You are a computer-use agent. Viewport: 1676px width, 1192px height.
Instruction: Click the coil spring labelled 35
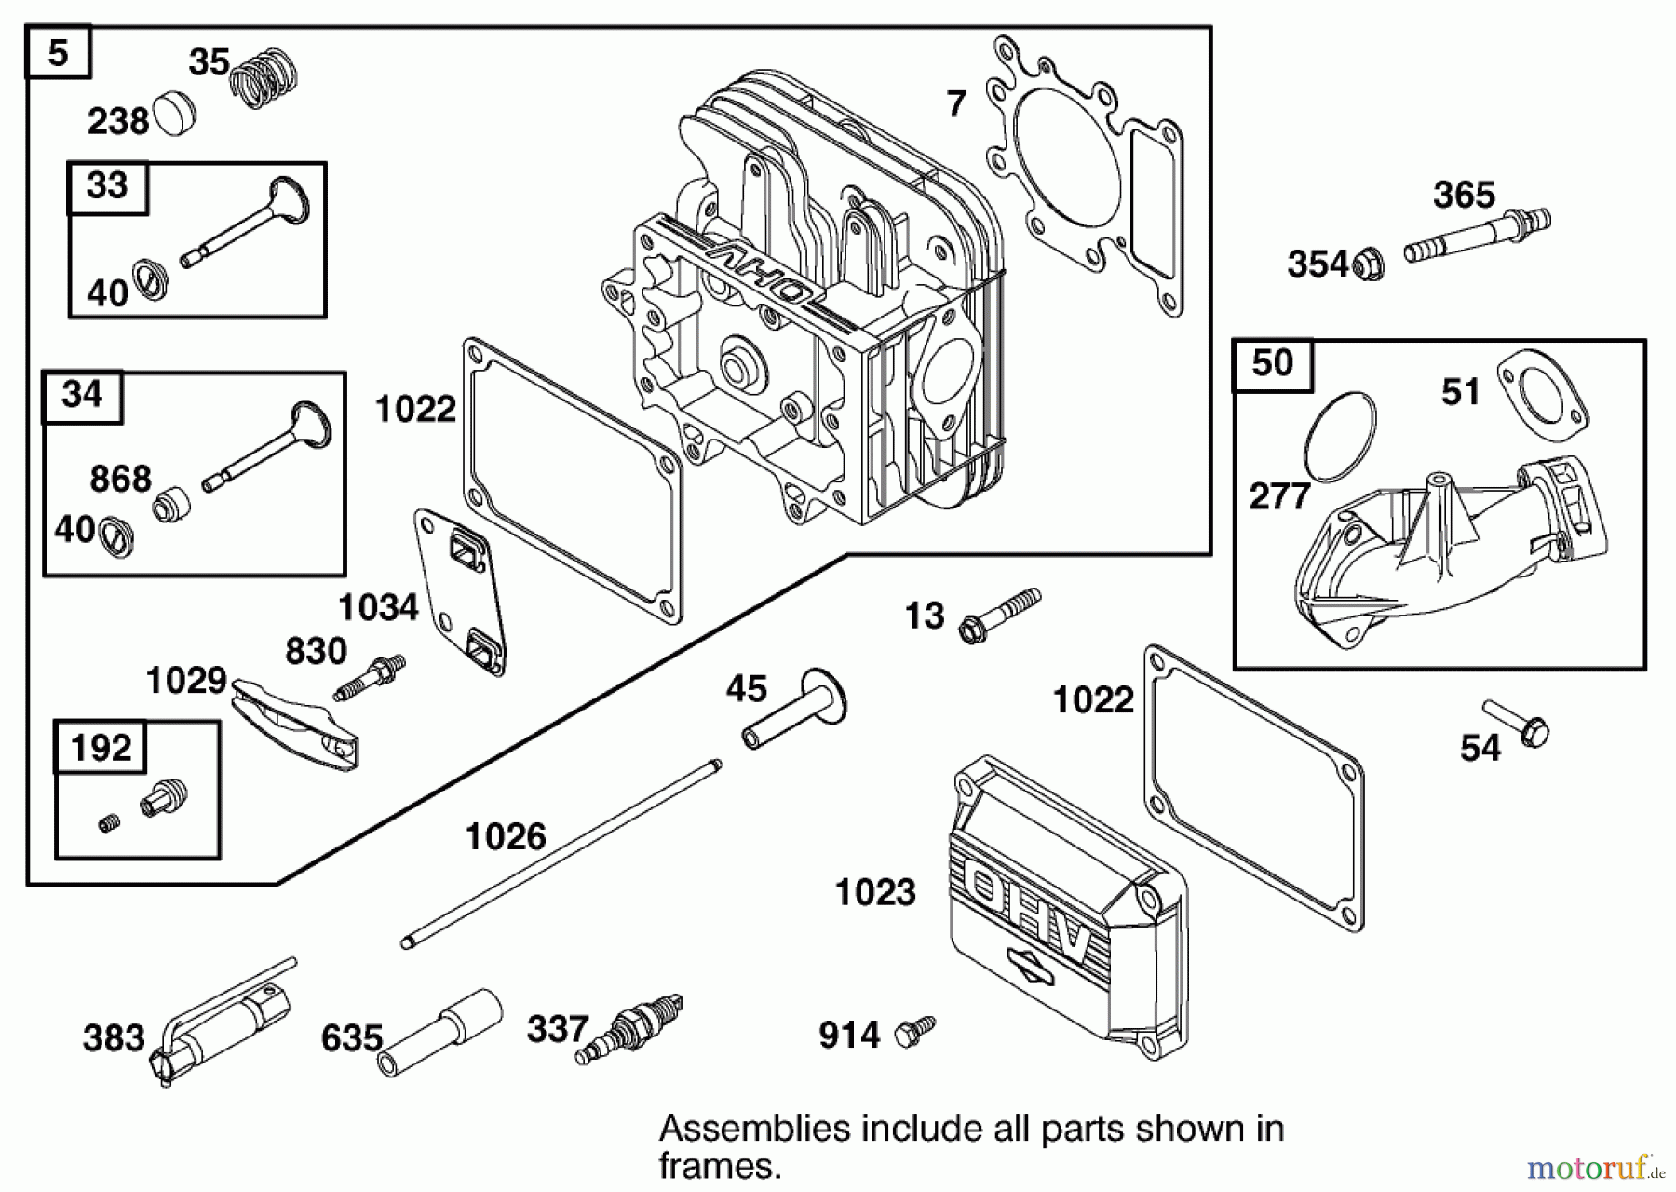[x=264, y=79]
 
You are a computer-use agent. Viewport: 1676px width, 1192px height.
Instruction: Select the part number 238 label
[x=117, y=121]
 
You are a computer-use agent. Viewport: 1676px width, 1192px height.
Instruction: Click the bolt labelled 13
[x=999, y=616]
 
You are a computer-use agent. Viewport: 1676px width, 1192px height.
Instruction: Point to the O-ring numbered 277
[x=1340, y=437]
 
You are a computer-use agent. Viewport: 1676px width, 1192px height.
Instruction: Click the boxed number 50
[x=1272, y=362]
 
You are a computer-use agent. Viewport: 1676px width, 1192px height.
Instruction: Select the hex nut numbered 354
[x=1367, y=264]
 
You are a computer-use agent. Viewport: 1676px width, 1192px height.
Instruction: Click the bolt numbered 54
[x=1517, y=724]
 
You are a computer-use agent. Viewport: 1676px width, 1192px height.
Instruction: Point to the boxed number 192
[x=101, y=747]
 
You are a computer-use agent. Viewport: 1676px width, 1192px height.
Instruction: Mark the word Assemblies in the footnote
[x=754, y=1129]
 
